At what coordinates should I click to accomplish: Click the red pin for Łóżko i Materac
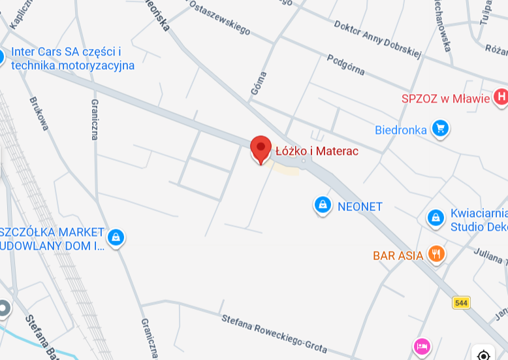pos(261,148)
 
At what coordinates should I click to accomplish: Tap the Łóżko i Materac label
pos(317,151)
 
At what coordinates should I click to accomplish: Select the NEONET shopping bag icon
pos(322,206)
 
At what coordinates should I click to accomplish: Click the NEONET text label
pos(360,206)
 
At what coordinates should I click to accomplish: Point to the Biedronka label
pos(400,129)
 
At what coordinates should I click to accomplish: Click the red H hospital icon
pos(501,98)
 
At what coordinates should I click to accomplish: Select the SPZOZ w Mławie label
pos(445,99)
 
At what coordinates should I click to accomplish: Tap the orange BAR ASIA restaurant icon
pos(436,254)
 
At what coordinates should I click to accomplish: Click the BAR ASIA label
pos(398,255)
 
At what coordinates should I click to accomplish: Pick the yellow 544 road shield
pos(461,303)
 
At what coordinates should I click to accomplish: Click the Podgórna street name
pos(345,64)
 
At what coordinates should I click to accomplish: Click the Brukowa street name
pos(39,114)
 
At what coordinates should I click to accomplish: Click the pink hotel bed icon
pos(422,346)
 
